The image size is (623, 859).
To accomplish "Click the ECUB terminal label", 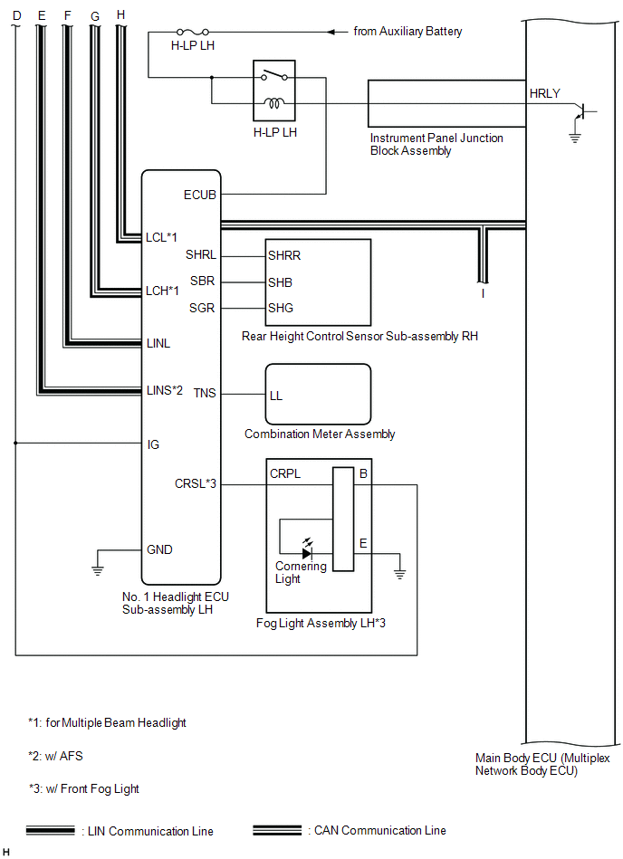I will (200, 194).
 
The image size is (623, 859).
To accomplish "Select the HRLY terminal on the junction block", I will (544, 92).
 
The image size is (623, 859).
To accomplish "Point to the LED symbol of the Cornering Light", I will (306, 552).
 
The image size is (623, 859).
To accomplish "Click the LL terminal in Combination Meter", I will (276, 396).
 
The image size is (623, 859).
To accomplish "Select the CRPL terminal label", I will (285, 473).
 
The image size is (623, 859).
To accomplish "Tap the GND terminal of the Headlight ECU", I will (159, 549).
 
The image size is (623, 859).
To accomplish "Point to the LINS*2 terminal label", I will (165, 390).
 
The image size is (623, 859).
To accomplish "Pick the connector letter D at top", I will (15, 16).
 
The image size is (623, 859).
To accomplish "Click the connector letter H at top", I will (121, 14).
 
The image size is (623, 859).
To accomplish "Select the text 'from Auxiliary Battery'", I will (407, 32).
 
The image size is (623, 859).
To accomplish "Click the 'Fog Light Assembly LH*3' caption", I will (321, 623).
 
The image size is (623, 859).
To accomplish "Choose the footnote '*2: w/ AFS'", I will (55, 756).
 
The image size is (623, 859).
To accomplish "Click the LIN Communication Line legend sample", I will (51, 830).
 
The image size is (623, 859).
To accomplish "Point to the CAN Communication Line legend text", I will (379, 830).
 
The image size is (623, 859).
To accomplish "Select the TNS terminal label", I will (205, 393).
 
